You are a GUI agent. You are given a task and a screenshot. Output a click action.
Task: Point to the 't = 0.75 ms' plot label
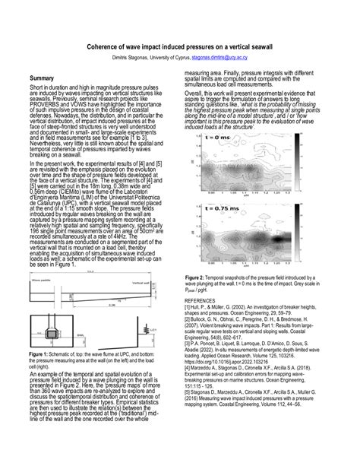[x=214, y=206]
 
